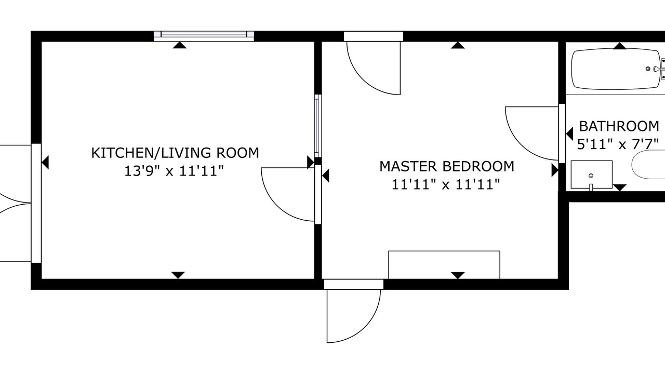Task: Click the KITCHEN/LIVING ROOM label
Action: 175,153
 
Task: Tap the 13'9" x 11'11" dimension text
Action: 174,171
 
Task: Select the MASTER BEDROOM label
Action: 447,167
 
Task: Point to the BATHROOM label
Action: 619,126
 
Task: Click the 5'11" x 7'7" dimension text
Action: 618,144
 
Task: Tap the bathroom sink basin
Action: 592,175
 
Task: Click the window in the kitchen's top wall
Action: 204,36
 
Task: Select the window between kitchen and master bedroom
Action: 318,126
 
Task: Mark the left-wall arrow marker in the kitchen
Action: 45,163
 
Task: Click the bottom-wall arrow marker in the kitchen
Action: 178,275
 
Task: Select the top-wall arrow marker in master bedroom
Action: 458,45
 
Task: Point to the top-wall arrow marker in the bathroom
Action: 620,46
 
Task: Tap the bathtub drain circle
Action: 648,69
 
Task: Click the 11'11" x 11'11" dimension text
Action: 446,184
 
